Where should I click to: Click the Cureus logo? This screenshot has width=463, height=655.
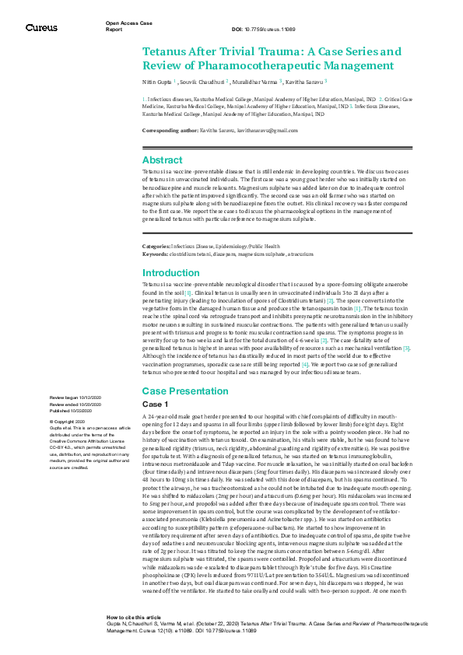pos(40,28)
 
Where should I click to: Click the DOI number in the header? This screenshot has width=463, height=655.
pos(275,30)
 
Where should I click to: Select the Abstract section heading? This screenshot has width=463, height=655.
pos(162,159)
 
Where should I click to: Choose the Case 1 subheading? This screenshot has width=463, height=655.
pos(156,405)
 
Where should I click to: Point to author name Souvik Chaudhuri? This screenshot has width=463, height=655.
pos(206,81)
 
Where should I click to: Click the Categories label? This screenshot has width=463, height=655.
pos(156,245)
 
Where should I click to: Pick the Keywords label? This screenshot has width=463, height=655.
pos(155,254)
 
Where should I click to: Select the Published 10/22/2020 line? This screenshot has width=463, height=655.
pos(74,410)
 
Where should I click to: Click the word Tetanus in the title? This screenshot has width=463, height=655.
pos(166,51)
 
